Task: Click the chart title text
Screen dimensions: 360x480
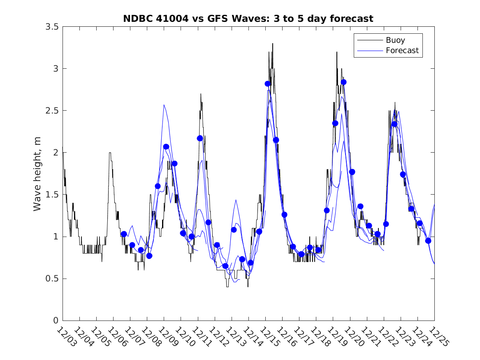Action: point(248,19)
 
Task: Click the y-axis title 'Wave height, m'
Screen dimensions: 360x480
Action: point(37,173)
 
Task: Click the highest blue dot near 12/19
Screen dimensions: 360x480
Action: point(343,82)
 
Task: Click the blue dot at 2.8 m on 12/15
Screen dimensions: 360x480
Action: point(267,84)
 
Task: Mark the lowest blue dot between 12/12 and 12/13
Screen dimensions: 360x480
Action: point(225,266)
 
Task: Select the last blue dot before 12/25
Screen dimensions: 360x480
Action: point(428,241)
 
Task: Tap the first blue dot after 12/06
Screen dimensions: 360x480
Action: point(123,234)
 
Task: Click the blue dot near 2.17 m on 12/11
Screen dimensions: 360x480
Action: point(200,138)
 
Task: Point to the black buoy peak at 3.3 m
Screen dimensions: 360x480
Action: point(272,44)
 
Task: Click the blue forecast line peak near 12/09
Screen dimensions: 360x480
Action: point(164,105)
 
